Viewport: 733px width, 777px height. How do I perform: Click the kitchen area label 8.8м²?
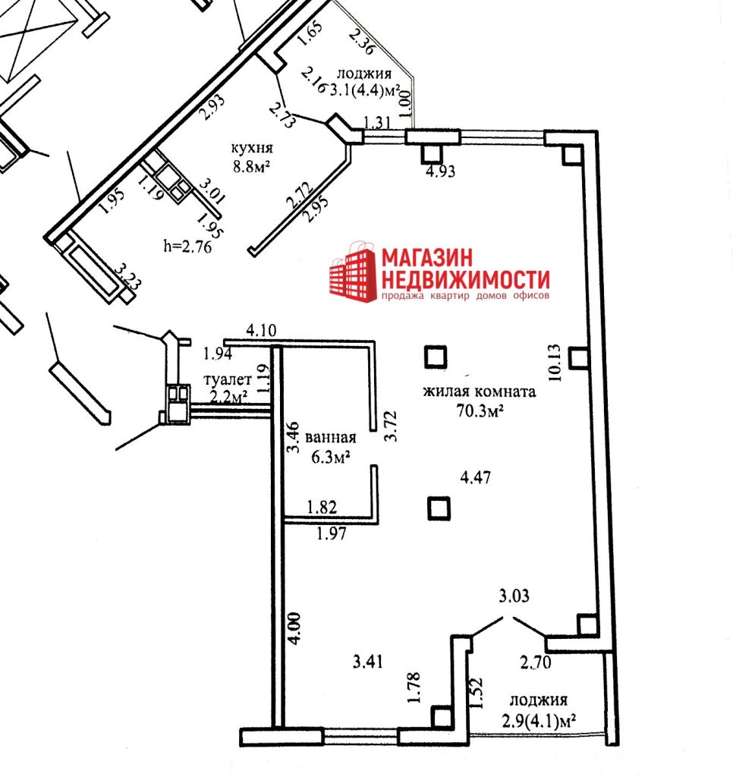(x=251, y=165)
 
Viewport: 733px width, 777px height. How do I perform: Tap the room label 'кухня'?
(x=252, y=148)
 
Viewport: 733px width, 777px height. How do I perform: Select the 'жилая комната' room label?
(x=480, y=392)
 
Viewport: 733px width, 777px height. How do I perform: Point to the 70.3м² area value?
(x=480, y=411)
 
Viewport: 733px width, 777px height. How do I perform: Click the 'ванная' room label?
(x=331, y=438)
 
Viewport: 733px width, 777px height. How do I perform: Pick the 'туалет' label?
(x=228, y=379)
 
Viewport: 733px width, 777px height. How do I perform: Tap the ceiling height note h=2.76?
(x=188, y=246)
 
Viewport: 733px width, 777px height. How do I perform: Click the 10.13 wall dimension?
(x=555, y=363)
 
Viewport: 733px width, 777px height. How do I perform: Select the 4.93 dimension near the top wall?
(x=441, y=171)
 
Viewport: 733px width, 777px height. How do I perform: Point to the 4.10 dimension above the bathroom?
(x=261, y=330)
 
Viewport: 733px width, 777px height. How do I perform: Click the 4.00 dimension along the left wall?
(x=294, y=628)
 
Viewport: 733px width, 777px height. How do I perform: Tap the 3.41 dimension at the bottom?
(x=368, y=661)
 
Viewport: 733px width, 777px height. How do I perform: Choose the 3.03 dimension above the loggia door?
(x=514, y=596)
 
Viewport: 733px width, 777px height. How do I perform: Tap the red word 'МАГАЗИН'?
(x=427, y=258)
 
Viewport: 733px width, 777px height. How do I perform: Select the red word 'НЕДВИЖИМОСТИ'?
(x=466, y=279)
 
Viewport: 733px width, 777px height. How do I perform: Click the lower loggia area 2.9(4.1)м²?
(x=540, y=720)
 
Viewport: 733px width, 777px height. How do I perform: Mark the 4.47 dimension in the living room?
(x=476, y=477)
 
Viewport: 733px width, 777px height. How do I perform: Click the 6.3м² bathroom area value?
(x=331, y=456)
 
